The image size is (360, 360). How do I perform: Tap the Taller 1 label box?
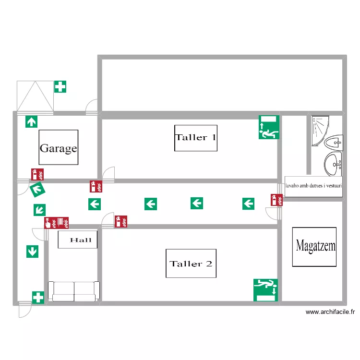[x=196, y=138]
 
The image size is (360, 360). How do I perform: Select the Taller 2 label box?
[x=191, y=264]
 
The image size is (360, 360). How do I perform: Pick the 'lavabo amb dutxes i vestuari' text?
[x=313, y=186]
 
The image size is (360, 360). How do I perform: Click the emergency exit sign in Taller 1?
[x=269, y=127]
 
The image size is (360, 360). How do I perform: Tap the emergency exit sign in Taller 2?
[x=265, y=290]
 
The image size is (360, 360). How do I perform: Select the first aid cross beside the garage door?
[x=60, y=86]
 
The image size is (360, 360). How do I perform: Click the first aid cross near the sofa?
[x=38, y=298]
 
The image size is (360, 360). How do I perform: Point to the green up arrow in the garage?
[x=32, y=122]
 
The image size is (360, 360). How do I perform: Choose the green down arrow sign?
[x=32, y=252]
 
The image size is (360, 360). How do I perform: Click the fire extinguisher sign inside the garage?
[x=37, y=175]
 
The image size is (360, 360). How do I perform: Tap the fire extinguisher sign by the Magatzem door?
[x=276, y=200]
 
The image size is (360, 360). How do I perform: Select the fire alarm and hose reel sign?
[x=56, y=223]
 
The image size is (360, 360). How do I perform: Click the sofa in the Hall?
[x=74, y=291]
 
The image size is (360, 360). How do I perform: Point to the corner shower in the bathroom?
[x=320, y=131]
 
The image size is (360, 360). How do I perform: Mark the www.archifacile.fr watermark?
[x=330, y=312]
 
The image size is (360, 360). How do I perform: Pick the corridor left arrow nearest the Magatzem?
[x=249, y=204]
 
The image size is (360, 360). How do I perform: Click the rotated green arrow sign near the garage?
[x=37, y=190]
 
